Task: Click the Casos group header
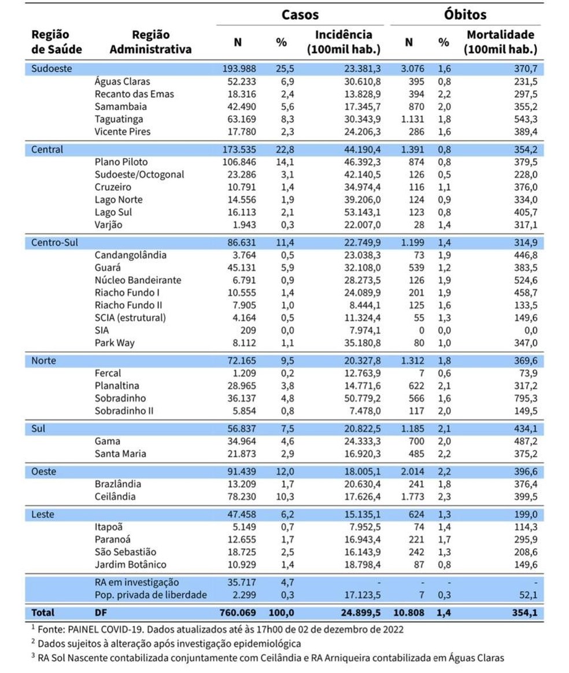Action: [300, 14]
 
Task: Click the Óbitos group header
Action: [465, 14]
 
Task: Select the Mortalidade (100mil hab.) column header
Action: [501, 42]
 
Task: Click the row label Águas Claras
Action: [122, 82]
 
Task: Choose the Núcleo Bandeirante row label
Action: [138, 280]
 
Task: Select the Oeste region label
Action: [44, 471]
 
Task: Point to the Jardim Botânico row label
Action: [131, 564]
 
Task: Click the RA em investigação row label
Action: [136, 582]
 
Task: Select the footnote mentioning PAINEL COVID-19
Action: [219, 628]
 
